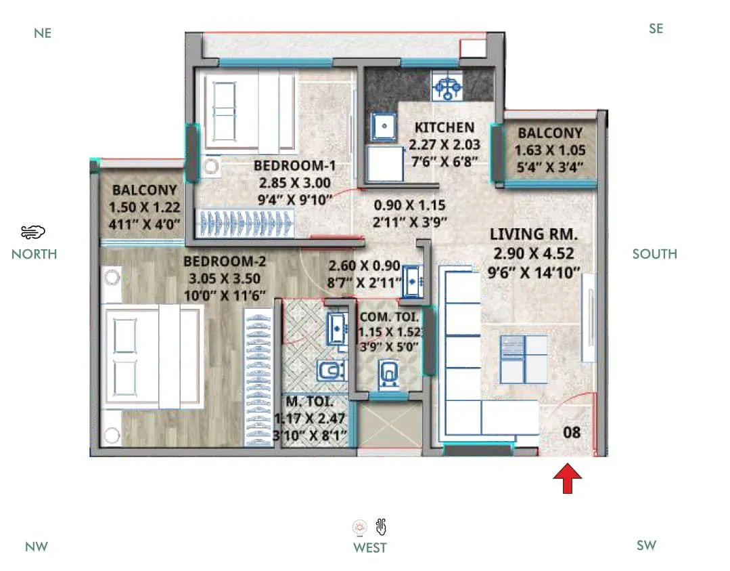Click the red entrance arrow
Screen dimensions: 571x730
click(567, 478)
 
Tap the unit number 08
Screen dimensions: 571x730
click(572, 431)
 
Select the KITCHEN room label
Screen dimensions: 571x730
click(444, 127)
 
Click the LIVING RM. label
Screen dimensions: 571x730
click(534, 235)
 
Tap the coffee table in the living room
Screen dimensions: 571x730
click(523, 358)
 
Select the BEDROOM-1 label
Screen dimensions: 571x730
click(294, 166)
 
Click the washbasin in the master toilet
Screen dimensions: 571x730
click(336, 329)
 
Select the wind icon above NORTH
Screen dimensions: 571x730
click(33, 232)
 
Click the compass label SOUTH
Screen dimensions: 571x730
click(654, 254)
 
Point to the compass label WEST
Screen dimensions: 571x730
click(369, 547)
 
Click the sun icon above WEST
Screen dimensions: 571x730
click(360, 527)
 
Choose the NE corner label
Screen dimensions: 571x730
click(42, 33)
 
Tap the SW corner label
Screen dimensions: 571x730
click(646, 545)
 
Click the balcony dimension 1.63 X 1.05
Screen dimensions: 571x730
click(550, 150)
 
